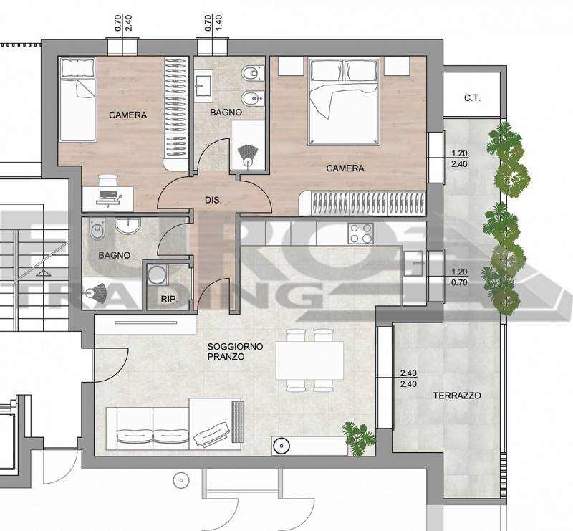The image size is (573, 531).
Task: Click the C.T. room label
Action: click(473, 98)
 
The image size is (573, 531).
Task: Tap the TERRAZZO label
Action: click(457, 396)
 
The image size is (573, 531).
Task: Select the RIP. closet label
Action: click(169, 300)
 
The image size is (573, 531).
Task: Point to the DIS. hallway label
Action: click(213, 201)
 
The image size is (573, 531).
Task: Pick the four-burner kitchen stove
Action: click(361, 234)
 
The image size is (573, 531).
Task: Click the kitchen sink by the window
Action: click(414, 263)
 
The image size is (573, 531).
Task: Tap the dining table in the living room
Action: click(309, 360)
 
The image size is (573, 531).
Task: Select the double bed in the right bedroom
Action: click(344, 101)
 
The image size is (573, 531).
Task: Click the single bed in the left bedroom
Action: click(77, 99)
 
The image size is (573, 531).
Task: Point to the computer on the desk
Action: click(109, 198)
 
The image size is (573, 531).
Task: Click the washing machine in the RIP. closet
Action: click(157, 274)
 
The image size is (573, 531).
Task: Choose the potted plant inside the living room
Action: click(359, 438)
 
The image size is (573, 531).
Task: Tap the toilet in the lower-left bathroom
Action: click(97, 229)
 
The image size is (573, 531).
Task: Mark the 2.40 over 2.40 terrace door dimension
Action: click(408, 379)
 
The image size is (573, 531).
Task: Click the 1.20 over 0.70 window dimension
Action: click(459, 277)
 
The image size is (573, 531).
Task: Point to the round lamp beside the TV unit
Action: click(281, 446)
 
